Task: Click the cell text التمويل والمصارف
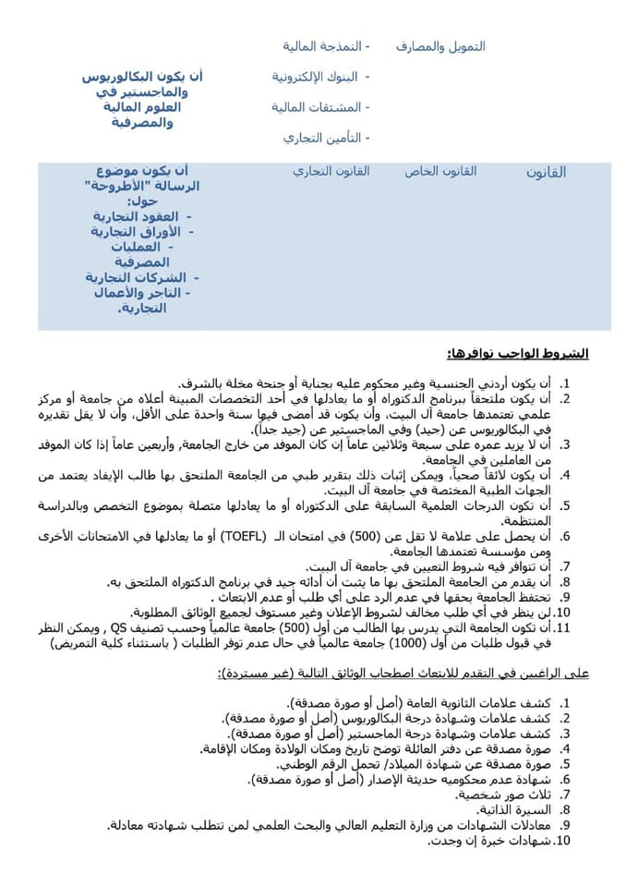pos(440,46)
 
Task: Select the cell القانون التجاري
pos(331,172)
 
